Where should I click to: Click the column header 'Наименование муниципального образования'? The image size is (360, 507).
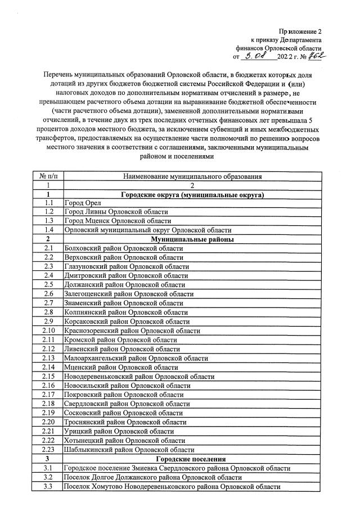click(x=192, y=176)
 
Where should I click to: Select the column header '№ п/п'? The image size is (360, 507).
click(x=48, y=176)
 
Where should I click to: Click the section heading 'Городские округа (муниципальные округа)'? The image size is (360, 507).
click(x=192, y=194)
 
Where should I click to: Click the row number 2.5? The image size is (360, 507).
click(x=48, y=284)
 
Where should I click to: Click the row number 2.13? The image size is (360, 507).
click(x=48, y=357)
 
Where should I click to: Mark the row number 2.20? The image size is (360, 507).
click(x=48, y=422)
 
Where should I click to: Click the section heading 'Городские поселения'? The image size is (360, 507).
click(x=192, y=459)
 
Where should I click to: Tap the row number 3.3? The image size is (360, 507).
click(x=48, y=486)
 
